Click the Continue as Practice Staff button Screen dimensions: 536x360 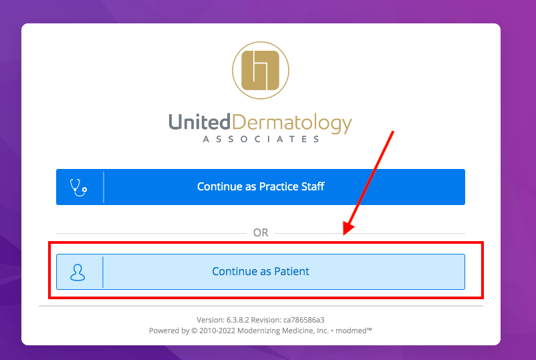261,187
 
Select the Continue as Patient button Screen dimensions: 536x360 261,272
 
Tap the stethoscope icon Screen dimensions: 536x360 78,188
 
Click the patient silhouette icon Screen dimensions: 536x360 78,273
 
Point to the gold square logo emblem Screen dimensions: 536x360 261,70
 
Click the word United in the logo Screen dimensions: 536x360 200,122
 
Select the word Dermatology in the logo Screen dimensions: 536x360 292,124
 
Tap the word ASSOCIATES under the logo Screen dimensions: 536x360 261,139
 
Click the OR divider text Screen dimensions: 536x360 261,232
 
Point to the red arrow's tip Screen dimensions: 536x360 344,234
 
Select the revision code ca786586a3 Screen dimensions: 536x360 304,320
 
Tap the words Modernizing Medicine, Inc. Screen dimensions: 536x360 283,331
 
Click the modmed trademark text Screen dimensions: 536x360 354,331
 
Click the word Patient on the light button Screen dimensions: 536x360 291,271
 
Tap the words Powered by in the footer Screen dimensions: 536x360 169,331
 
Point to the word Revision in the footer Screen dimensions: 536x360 266,320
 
